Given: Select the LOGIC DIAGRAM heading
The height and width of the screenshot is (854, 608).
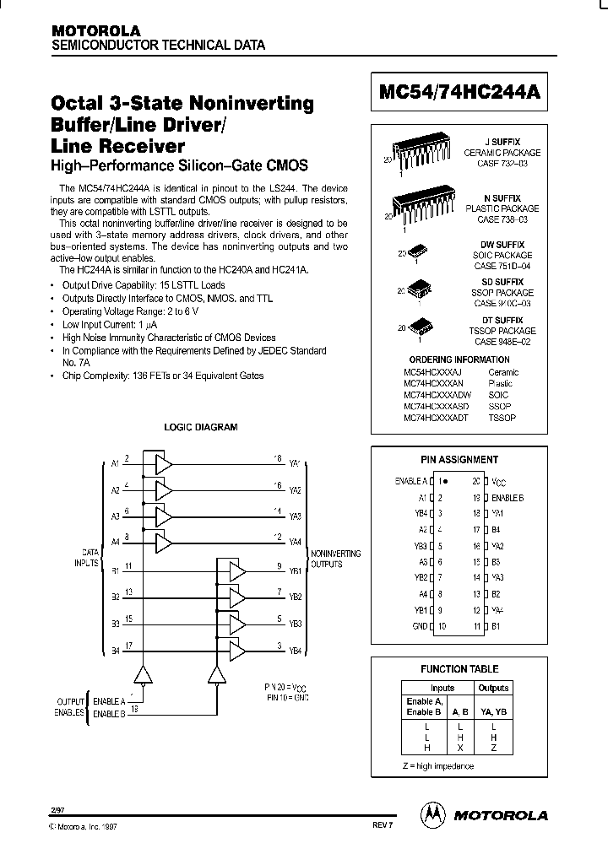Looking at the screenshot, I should coord(200,427).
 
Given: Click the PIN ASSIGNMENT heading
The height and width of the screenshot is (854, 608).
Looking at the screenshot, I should coord(459,460).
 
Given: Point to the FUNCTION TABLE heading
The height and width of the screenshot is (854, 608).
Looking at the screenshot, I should coord(459,669).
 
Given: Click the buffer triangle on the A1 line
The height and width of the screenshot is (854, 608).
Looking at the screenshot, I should coord(163,464).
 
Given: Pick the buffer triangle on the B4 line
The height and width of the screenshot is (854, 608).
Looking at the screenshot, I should coord(238,649).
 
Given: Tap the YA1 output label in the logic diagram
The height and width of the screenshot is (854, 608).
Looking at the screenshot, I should coord(295,464).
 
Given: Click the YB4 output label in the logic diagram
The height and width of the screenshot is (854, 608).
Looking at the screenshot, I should coord(295,650).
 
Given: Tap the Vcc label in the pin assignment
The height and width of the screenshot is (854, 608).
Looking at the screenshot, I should coord(501,480).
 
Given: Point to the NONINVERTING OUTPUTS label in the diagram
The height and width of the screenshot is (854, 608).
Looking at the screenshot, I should coord(335,559).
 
